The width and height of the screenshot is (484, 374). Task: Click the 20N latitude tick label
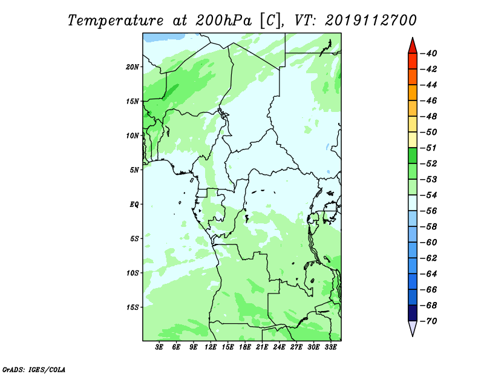point(132,67)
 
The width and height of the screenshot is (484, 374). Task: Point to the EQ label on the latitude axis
point(134,205)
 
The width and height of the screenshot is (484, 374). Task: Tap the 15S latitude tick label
point(132,307)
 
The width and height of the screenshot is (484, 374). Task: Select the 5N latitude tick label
point(134,170)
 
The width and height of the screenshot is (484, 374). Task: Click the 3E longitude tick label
point(159,347)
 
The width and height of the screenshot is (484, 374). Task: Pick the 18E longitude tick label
point(245,347)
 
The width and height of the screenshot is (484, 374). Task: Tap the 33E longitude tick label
point(330,347)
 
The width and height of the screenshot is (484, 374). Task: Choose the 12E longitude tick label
point(211,347)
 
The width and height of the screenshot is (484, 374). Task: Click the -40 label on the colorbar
point(428,53)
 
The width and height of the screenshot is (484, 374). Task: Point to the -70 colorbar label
point(428,321)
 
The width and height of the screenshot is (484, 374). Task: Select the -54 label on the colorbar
point(428,195)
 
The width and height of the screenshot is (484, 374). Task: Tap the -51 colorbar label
point(428,148)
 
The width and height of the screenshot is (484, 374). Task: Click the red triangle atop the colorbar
point(413,47)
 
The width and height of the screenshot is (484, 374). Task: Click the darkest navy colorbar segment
point(413,313)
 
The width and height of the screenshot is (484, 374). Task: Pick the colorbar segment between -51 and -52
point(413,156)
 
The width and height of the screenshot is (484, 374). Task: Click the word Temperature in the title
point(116,21)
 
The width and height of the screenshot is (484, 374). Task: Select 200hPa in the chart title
point(223,21)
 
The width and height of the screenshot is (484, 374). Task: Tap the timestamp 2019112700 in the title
point(371,21)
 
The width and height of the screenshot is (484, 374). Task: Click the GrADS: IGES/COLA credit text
point(34,370)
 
